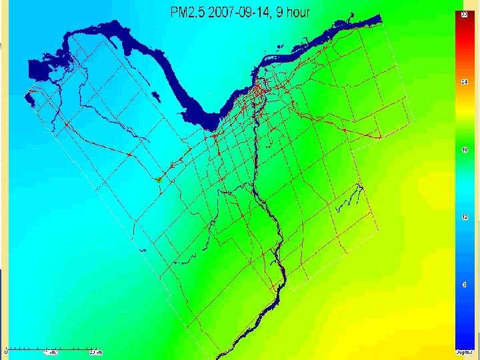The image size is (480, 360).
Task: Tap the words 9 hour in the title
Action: pyautogui.click(x=291, y=12)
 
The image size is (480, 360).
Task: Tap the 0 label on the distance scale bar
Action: pyautogui.click(x=6, y=352)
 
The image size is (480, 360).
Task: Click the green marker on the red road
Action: pyautogui.click(x=159, y=179)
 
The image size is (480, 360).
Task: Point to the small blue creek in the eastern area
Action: pyautogui.click(x=350, y=199)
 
